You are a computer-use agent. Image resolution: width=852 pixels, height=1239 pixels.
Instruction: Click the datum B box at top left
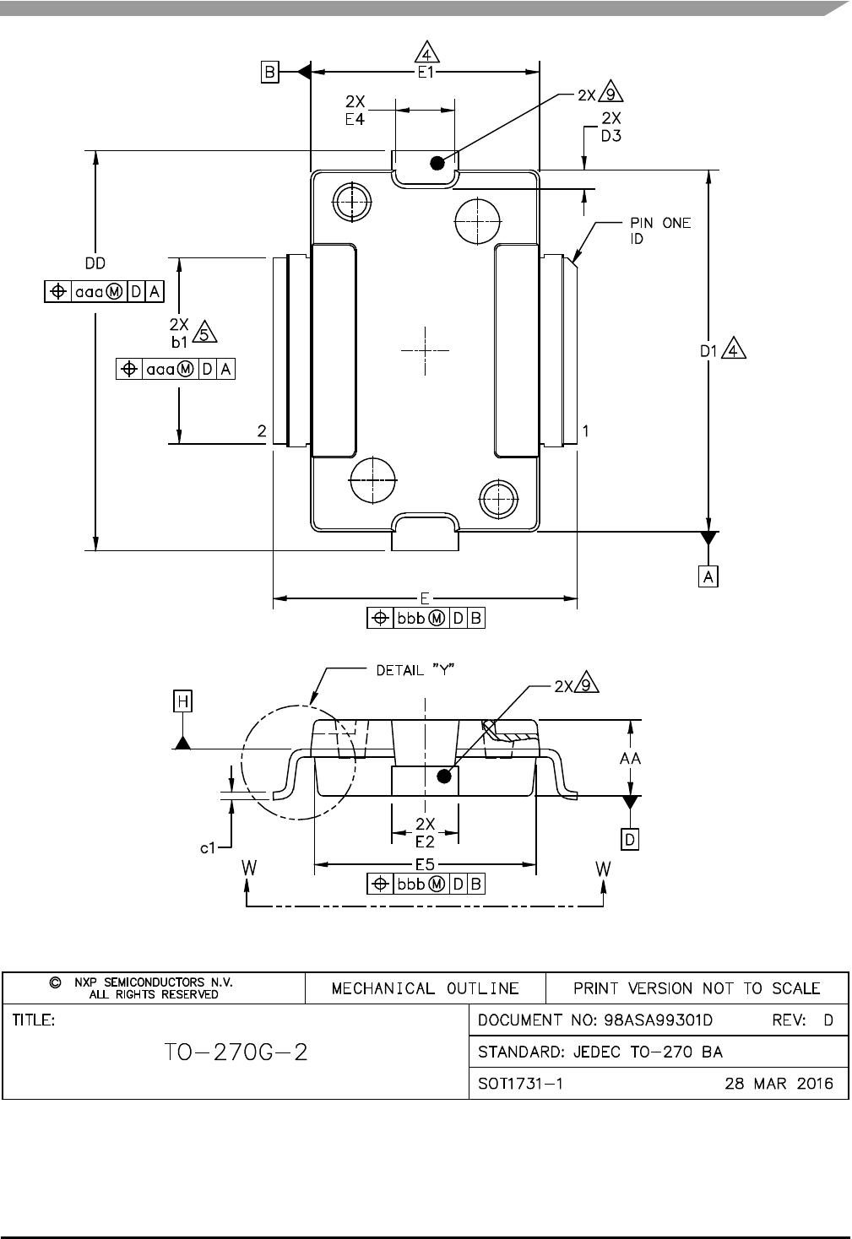(269, 72)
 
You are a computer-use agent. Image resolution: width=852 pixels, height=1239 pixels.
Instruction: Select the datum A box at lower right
(708, 576)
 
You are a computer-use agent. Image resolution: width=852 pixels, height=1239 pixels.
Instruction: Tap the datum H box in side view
(182, 701)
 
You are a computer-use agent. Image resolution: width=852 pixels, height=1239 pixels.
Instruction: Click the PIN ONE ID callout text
(659, 230)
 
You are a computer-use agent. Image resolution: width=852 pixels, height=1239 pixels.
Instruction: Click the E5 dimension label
(425, 864)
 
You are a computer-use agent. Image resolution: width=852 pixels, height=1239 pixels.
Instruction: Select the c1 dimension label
(208, 847)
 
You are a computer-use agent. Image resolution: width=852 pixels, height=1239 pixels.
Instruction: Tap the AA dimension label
(630, 759)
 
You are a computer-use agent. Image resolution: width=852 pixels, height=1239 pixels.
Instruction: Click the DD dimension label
(95, 263)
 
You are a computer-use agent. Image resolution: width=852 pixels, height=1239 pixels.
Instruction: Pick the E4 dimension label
(355, 120)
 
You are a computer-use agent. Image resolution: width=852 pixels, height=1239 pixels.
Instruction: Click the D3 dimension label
(611, 135)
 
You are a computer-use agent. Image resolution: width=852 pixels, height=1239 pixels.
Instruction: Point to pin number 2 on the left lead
(262, 431)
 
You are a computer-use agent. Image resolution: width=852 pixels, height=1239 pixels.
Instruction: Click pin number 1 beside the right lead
(585, 431)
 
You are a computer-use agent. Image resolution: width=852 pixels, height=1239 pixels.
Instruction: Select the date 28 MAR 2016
(779, 1084)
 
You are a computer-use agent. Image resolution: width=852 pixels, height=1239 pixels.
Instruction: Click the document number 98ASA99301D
(658, 1020)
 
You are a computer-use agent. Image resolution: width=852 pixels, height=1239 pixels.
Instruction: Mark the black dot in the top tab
(437, 163)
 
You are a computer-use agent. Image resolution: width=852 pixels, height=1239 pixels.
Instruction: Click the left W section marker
(248, 868)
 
